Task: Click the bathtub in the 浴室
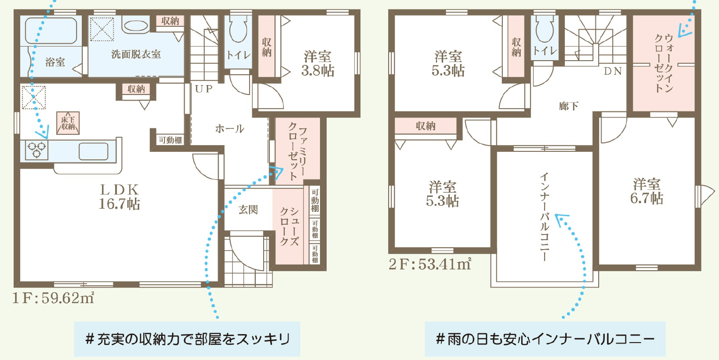51,30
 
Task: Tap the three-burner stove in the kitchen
36,150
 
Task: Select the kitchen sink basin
93,151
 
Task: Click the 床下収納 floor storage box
68,123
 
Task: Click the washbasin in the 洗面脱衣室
136,26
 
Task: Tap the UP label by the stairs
204,89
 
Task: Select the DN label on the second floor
613,71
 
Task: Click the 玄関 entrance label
248,210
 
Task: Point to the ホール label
229,129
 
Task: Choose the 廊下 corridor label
569,106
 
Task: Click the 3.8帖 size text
318,71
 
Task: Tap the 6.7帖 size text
647,198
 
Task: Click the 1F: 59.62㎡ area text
53,298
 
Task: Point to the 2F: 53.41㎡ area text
430,264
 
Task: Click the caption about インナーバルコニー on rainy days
545,339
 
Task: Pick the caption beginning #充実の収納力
188,339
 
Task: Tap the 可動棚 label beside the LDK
170,141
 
